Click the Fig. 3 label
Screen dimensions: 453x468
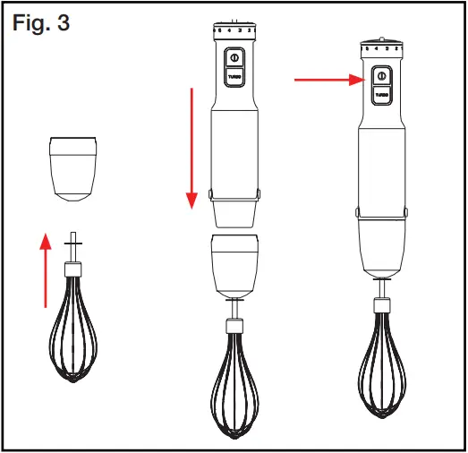pos(41,21)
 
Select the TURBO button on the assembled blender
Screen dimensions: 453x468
pos(382,93)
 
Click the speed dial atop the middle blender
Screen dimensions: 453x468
pos(234,28)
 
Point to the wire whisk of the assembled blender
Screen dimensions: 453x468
pos(382,358)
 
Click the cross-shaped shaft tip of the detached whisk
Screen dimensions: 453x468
pos(72,242)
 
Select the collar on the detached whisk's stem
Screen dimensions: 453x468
pos(72,268)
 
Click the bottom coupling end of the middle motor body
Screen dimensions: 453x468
pos(234,213)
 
